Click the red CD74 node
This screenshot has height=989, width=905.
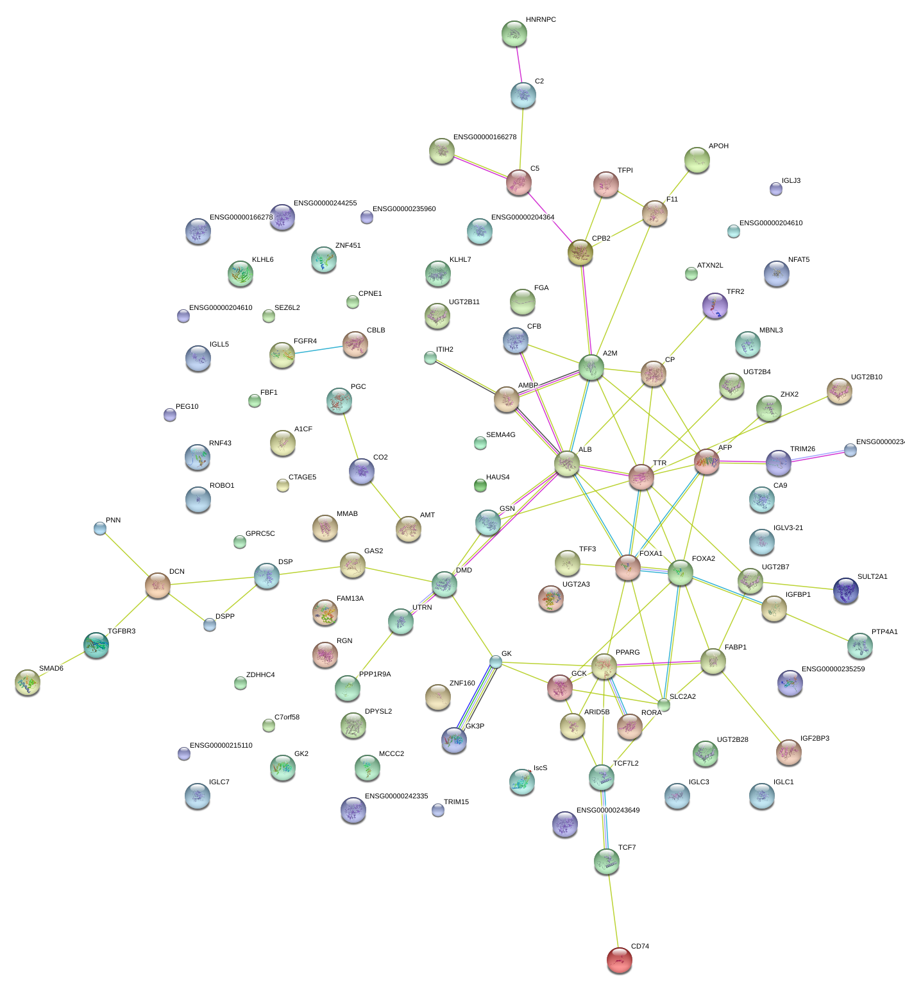pyautogui.click(x=619, y=959)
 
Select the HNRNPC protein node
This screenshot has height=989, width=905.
pyautogui.click(x=514, y=34)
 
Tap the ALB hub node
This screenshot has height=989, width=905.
pyautogui.click(x=567, y=463)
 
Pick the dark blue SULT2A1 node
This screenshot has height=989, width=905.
pyautogui.click(x=845, y=590)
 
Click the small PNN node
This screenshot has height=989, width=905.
pyautogui.click(x=100, y=528)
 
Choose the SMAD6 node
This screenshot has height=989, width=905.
pyautogui.click(x=28, y=682)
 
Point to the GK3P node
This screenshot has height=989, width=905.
pyautogui.click(x=454, y=740)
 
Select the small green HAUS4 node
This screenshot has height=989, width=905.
pyautogui.click(x=480, y=485)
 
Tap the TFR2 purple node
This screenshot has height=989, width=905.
pyautogui.click(x=715, y=305)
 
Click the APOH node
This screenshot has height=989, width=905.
pyautogui.click(x=697, y=160)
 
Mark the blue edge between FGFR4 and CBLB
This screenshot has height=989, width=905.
pyautogui.click(x=318, y=350)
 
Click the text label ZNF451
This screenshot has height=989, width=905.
pyautogui.click(x=348, y=245)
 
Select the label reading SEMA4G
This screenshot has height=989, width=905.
pyautogui.click(x=500, y=434)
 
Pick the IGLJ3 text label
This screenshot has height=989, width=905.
pyautogui.click(x=791, y=180)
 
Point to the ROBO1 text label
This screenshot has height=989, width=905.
pyautogui.click(x=222, y=485)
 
